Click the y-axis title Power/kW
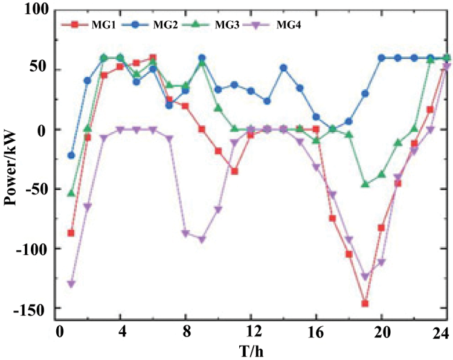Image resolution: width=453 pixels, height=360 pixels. click(x=11, y=162)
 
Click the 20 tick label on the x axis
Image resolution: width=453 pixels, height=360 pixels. click(x=381, y=332)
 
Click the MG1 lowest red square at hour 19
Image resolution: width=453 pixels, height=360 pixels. click(x=365, y=303)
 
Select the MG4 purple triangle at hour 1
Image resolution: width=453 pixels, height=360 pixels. click(x=71, y=284)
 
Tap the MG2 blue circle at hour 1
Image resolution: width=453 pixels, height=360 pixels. click(x=71, y=155)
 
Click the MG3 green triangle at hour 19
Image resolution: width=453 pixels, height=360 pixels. click(x=365, y=184)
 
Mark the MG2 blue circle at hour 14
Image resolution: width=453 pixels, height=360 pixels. click(x=283, y=68)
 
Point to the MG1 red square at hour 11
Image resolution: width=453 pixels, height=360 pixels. click(x=234, y=171)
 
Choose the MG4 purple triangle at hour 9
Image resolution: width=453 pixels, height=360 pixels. click(x=202, y=239)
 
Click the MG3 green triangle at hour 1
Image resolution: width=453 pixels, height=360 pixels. click(x=71, y=193)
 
